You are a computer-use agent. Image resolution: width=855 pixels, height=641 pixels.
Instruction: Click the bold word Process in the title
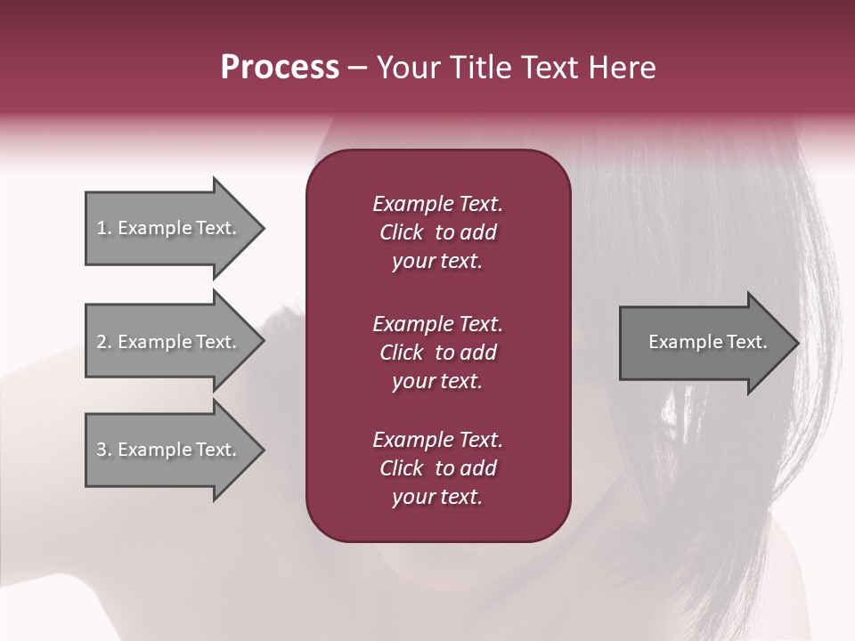[280, 68]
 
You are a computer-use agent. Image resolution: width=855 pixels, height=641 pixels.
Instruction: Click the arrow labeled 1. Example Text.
[169, 228]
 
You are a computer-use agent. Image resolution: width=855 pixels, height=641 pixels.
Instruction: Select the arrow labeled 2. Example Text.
[169, 342]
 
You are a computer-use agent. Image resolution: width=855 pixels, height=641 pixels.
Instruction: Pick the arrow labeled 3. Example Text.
[169, 450]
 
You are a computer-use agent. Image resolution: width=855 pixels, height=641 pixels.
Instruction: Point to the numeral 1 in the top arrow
[101, 228]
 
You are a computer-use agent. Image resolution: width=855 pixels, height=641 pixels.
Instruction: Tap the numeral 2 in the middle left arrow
[102, 342]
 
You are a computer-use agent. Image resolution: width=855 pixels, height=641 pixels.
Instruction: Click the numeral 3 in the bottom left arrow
[102, 450]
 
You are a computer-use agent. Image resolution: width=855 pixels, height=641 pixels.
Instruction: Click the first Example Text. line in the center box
[437, 204]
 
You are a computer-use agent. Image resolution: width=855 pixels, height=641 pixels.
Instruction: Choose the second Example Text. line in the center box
[437, 324]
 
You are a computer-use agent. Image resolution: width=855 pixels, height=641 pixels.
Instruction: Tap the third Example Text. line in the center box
[437, 440]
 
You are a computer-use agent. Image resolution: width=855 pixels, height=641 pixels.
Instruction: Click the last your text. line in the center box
[437, 498]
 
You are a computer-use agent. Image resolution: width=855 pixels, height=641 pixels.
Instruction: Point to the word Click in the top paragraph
[401, 232]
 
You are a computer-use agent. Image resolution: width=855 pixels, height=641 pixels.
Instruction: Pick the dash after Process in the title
[358, 69]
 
